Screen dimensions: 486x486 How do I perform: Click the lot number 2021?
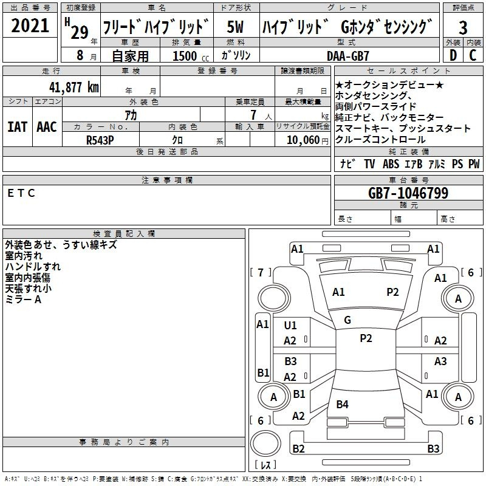pos(30,26)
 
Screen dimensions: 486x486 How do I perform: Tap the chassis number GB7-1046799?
pos(408,193)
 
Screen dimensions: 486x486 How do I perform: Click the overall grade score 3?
pos(463,27)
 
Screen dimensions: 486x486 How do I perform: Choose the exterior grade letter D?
pos(453,56)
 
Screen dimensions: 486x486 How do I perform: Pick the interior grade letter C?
pos(473,56)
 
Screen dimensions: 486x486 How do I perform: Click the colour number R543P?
pos(100,139)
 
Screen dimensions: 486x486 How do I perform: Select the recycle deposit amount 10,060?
pos(301,140)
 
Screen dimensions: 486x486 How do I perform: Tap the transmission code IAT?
pos(16,127)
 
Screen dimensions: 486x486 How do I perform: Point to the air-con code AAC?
pos(46,127)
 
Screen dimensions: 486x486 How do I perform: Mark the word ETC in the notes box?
pos(22,193)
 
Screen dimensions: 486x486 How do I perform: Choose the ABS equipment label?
pos(391,164)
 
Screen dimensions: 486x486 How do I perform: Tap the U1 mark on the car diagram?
pos(290,326)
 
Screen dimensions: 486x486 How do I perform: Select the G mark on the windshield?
pos(347,320)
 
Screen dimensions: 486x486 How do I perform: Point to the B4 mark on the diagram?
pos(343,405)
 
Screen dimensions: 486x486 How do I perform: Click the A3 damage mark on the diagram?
pos(440,361)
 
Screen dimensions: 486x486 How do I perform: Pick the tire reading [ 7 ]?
pos(261,272)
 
